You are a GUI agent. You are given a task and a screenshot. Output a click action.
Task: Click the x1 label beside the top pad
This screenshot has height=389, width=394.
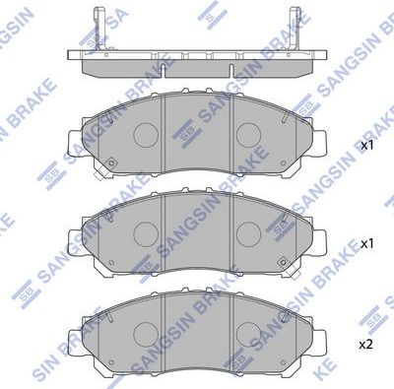pyautogui.click(x=367, y=145)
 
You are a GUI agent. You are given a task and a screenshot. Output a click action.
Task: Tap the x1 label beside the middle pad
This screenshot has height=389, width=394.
pyautogui.click(x=367, y=242)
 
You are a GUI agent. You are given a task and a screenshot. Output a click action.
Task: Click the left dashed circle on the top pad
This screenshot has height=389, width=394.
pyautogui.click(x=147, y=134)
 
